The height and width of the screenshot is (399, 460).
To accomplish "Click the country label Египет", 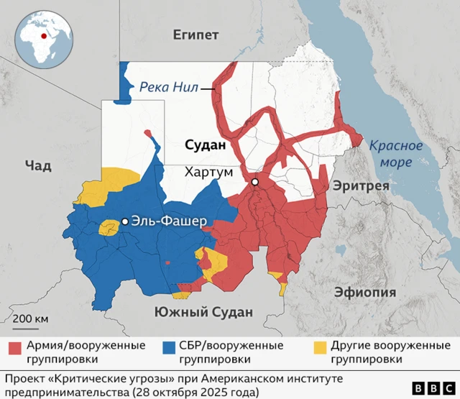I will (196, 35).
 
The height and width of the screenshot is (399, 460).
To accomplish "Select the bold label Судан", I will (205, 145).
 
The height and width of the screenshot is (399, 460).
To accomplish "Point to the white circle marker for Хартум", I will (254, 183).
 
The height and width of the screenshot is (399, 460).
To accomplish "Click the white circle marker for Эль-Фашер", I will (125, 221).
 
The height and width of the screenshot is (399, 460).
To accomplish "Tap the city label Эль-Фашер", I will (169, 221).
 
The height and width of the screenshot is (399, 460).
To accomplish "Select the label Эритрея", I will (360, 185).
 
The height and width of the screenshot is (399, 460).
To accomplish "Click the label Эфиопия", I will (365, 292).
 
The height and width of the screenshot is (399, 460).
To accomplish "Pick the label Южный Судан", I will (204, 311).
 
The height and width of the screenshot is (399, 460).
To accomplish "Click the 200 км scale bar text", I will (29, 318).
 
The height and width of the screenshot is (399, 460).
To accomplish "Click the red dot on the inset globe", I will (44, 35).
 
